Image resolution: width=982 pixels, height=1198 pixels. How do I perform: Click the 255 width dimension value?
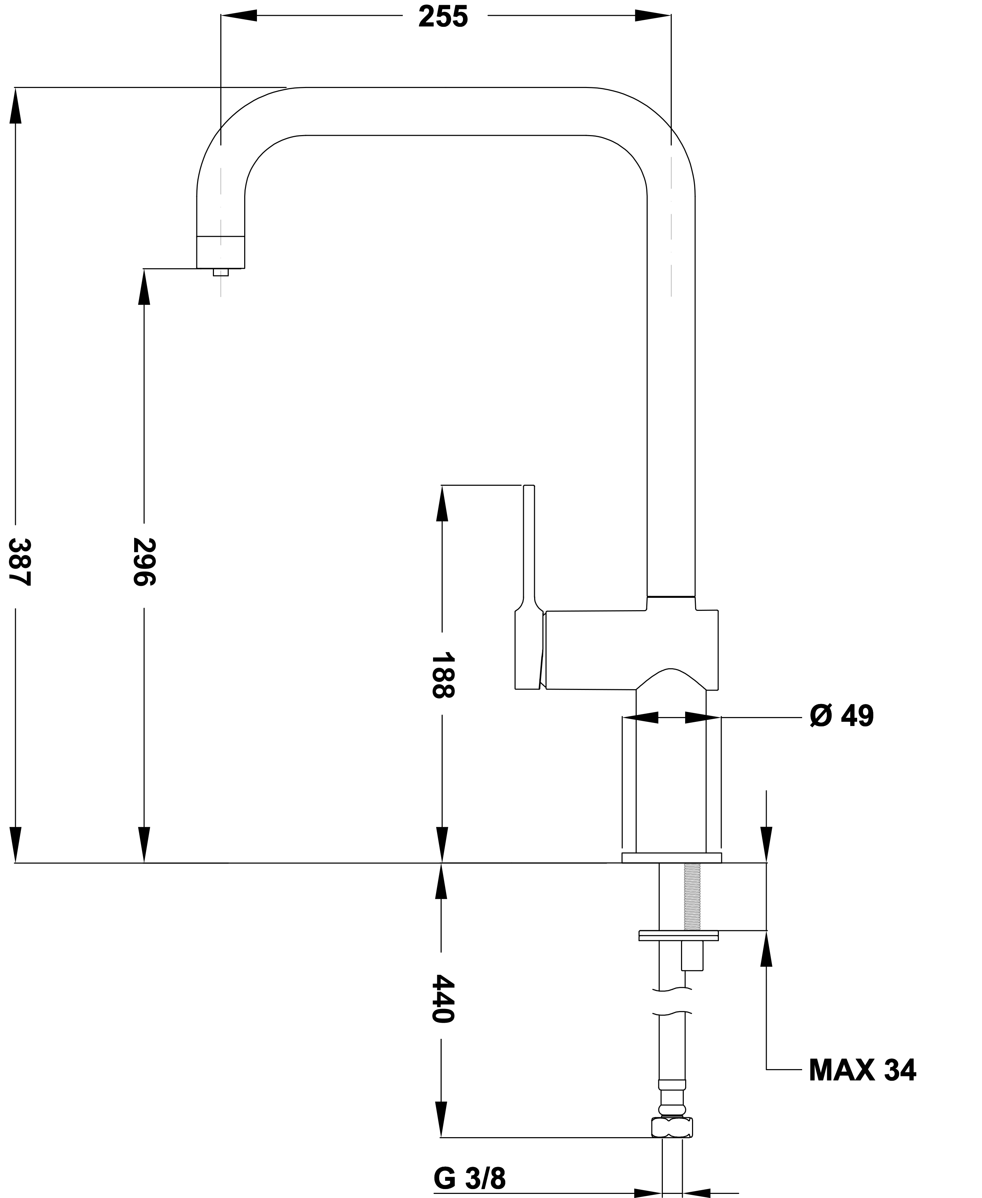click(443, 17)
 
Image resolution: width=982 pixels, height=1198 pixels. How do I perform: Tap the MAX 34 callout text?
click(862, 1070)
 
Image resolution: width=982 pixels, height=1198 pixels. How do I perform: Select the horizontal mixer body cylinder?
click(628, 650)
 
